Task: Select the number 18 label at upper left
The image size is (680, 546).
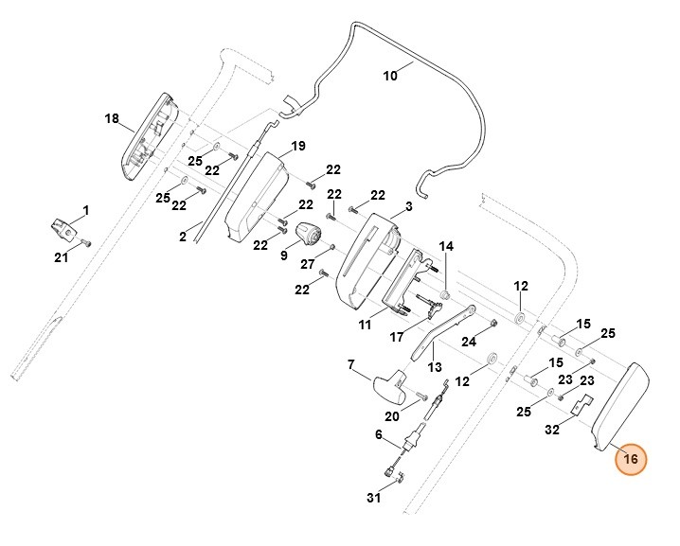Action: point(111,118)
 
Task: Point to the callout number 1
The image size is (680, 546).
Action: point(85,208)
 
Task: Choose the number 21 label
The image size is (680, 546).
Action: point(61,257)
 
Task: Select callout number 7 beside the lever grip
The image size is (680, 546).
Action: point(350,363)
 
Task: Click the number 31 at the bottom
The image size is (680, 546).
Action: point(373,498)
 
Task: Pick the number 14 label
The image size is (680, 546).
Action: point(446,246)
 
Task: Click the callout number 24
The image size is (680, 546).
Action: point(468,341)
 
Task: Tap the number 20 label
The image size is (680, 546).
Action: point(392,415)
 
